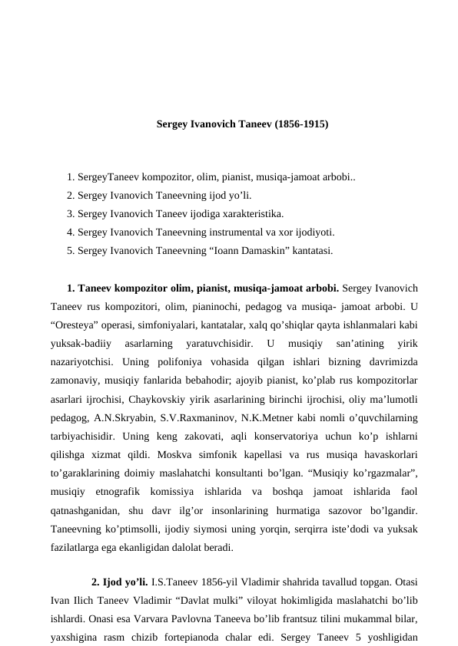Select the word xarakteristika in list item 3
pyautogui.click(x=254, y=213)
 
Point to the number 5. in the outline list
pyautogui.click(x=71, y=250)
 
